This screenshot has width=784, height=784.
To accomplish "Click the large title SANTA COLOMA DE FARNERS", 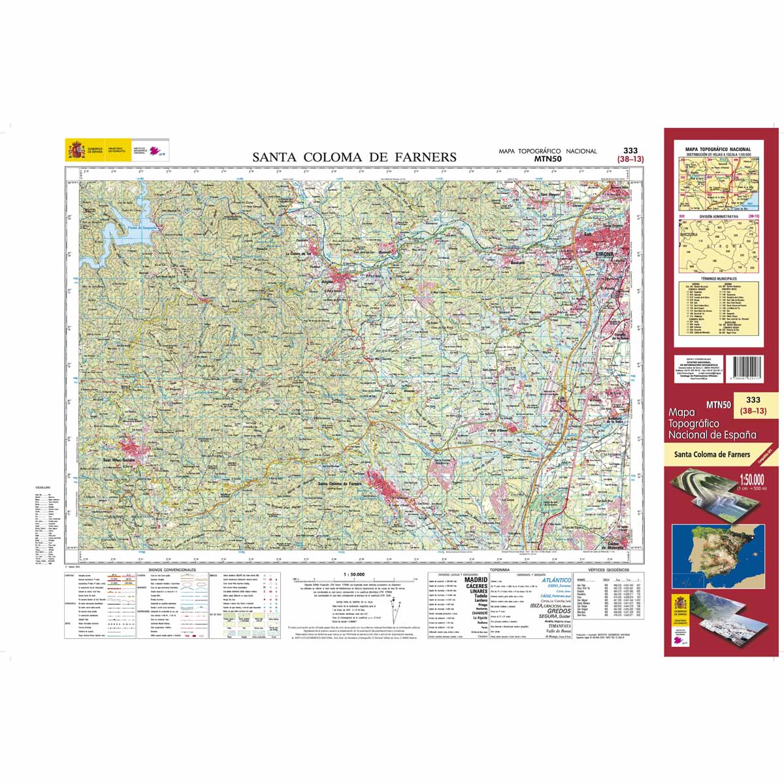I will pyautogui.click(x=355, y=157).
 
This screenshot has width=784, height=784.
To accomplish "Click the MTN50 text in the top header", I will pyautogui.click(x=547, y=158).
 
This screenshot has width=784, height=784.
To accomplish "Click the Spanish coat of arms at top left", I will pyautogui.click(x=76, y=150).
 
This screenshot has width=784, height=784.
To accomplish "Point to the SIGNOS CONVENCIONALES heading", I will pyautogui.click(x=172, y=570).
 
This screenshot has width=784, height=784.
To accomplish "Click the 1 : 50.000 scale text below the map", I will pyautogui.click(x=353, y=574).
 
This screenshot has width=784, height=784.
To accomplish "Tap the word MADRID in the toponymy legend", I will pyautogui.click(x=476, y=580).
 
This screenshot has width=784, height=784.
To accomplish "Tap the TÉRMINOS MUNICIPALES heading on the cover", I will pyautogui.click(x=718, y=278).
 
